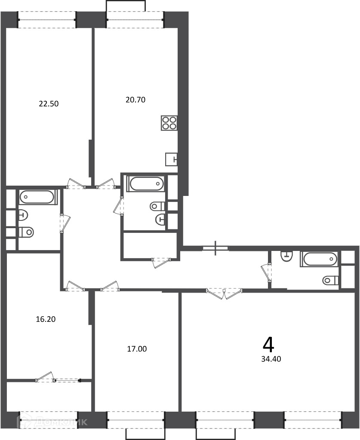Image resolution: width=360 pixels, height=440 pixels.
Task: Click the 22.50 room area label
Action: coord(49,104)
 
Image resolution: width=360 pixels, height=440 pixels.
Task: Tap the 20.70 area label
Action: coord(135,100)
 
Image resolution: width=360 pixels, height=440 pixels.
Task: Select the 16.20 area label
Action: coord(46,319)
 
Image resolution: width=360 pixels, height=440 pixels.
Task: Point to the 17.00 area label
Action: coord(137,349)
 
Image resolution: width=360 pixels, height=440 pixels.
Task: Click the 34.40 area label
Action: coord(271,359)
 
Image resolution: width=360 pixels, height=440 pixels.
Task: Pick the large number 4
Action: coord(268,345)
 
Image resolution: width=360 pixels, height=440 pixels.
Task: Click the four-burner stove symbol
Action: coord(169,123)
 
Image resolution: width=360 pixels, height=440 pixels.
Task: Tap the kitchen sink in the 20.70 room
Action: coord(171,159)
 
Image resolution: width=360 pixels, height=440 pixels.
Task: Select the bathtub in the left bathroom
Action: coord(37,197)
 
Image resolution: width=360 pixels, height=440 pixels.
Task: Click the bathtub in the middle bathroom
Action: coord(145,184)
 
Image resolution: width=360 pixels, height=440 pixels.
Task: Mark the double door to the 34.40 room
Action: coord(224,293)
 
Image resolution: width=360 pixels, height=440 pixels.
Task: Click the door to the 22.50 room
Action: coord(76,184)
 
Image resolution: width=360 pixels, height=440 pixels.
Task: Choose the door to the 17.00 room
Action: coord(110,286)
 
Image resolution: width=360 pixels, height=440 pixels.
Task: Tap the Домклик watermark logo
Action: coord(52,422)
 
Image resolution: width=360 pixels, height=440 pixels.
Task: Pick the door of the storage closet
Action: coord(161,263)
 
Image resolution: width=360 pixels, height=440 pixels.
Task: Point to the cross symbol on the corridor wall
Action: coord(215,248)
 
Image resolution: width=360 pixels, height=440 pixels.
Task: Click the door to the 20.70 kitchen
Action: coord(105,183)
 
